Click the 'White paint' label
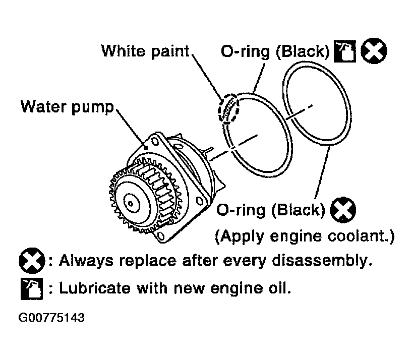(x=145, y=51)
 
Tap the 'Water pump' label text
(x=67, y=107)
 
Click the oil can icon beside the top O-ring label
(x=345, y=51)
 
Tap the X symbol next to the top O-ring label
(x=374, y=51)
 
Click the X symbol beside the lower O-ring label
(x=343, y=210)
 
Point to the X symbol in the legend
(x=32, y=261)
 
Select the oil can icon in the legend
(x=32, y=289)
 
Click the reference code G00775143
(x=51, y=318)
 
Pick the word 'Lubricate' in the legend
(x=95, y=287)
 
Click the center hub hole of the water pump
(x=131, y=203)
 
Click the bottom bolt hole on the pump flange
(x=160, y=234)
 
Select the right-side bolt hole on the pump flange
(x=200, y=202)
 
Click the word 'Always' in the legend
(x=86, y=261)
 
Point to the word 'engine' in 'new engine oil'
(x=236, y=288)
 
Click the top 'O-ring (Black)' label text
(x=275, y=51)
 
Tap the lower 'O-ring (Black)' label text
(x=271, y=210)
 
